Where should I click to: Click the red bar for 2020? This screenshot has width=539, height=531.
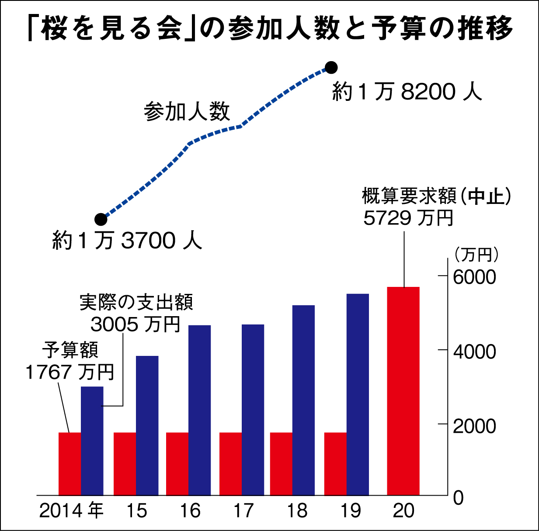pos(403,391)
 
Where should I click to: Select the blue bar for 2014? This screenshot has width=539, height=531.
pos(92,441)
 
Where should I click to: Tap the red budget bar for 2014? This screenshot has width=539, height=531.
pos(70,464)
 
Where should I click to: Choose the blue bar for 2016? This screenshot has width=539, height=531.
pos(199,410)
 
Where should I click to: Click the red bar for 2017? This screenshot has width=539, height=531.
pos(230,464)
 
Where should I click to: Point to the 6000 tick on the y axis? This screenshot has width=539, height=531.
pos(474,277)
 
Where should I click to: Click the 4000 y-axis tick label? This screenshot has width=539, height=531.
pos(474,352)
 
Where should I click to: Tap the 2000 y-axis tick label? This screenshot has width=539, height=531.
pos(474,426)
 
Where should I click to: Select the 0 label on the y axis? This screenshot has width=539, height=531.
pos(458,498)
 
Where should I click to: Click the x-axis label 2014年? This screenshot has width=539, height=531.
pos(71,511)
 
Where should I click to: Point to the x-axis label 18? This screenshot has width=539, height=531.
pos(297,511)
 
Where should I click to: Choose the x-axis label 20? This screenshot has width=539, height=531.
pos(403,511)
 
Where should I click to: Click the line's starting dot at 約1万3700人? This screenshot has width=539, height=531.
pos(101,219)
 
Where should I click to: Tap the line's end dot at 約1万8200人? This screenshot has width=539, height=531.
pos(331,67)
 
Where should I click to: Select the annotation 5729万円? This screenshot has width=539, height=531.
pos(408,218)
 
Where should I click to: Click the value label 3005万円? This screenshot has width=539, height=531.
pos(136,324)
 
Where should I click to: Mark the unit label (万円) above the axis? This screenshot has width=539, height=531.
pos(476,254)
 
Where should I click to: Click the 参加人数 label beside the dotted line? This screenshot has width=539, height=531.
pos(187,112)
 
